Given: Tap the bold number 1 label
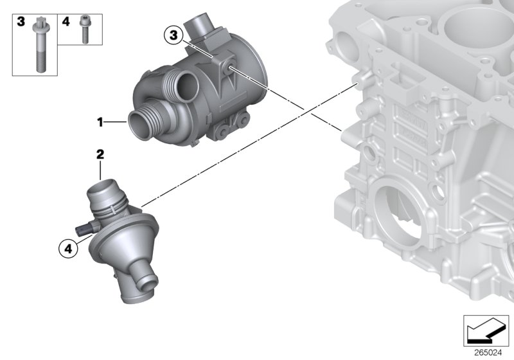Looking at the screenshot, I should (100, 120).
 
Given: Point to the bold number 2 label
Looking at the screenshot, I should (100, 154).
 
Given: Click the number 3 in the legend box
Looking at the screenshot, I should (21, 22).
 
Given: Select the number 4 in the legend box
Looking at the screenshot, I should (66, 22).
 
